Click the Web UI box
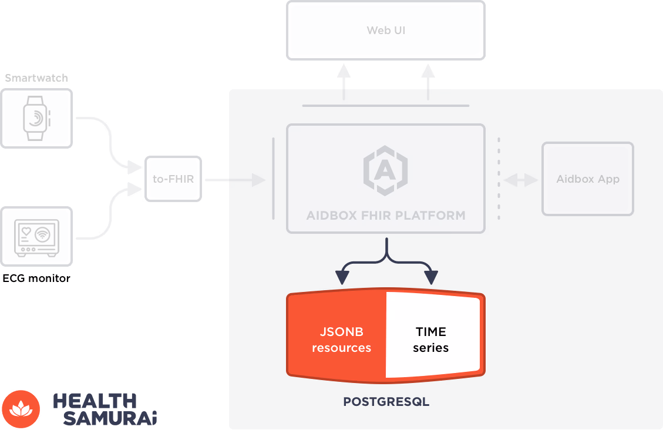[386, 30]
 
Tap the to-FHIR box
[173, 179]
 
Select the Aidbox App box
[587, 179]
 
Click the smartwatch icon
[36, 118]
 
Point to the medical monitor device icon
[36, 237]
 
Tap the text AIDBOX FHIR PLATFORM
[386, 215]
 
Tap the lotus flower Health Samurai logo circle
[21, 409]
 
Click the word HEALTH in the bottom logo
[95, 401]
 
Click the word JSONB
[342, 332]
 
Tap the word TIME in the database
[431, 332]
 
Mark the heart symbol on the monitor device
[27, 231]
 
